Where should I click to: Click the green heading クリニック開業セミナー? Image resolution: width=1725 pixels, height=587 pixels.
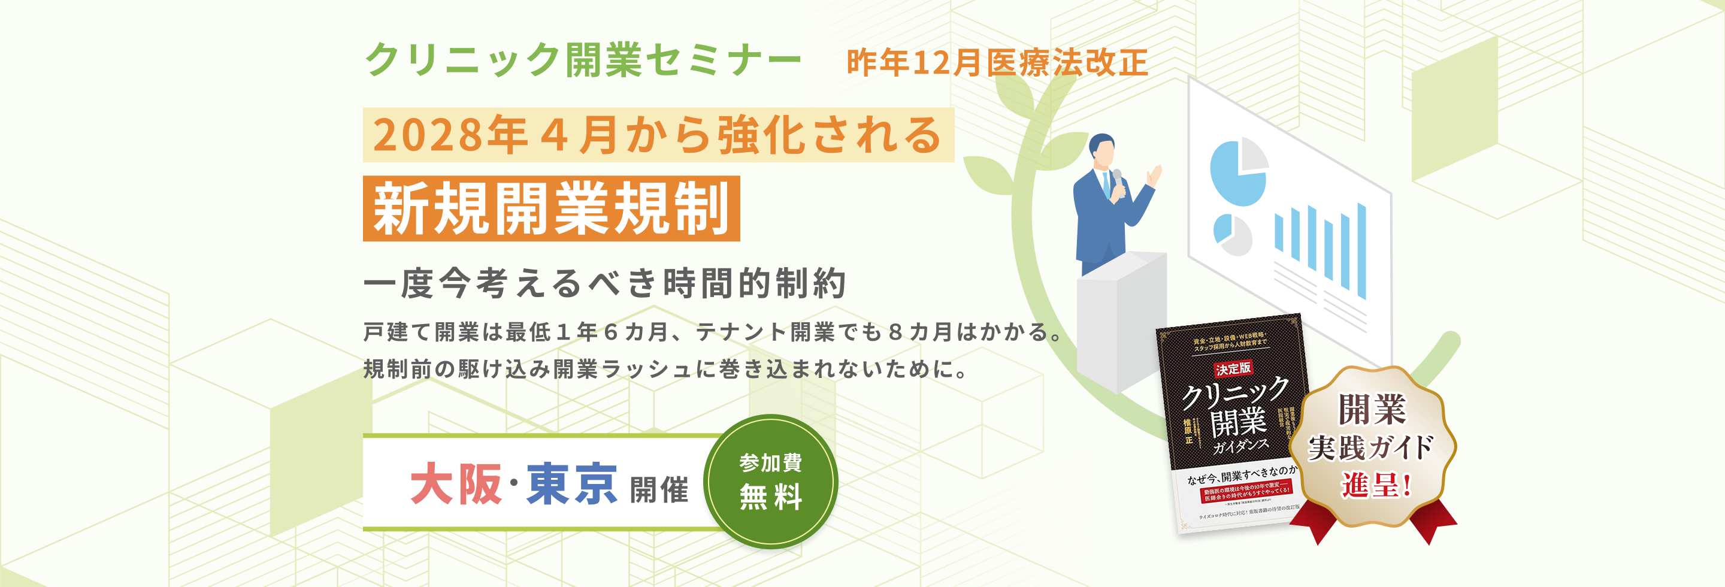(x=583, y=60)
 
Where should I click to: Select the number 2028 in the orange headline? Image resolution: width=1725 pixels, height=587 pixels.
(x=429, y=135)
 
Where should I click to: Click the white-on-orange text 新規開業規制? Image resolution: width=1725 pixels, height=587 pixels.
(x=551, y=209)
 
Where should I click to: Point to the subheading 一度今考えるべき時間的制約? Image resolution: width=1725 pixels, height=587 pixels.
(x=605, y=283)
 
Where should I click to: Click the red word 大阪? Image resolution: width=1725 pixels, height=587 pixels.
(x=456, y=484)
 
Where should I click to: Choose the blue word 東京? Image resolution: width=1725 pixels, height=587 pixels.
(x=572, y=484)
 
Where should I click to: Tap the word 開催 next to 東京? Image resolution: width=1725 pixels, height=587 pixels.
(x=659, y=489)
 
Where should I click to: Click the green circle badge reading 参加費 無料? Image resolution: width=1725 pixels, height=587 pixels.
(x=770, y=481)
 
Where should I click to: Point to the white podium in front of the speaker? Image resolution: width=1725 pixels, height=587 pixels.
(x=1122, y=314)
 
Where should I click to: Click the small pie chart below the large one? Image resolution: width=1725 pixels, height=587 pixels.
(x=1232, y=234)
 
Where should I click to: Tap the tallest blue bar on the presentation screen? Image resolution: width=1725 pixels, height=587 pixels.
(x=1361, y=251)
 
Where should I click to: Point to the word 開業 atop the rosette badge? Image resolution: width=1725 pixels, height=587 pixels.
(x=1372, y=410)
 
